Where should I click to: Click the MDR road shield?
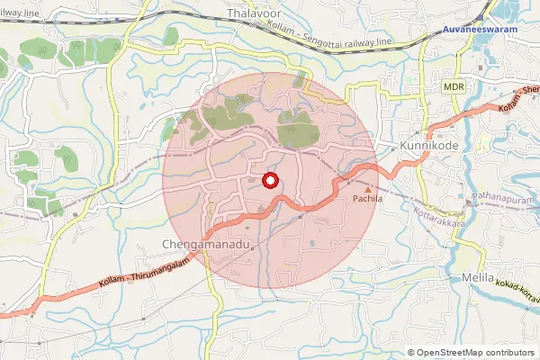(x=453, y=85)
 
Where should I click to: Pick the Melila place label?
(x=477, y=278)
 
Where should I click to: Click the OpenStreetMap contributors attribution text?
(x=475, y=353)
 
